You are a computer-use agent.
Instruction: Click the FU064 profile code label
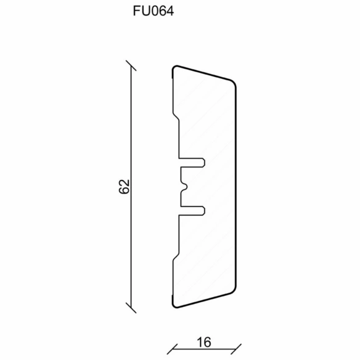pyautogui.click(x=153, y=11)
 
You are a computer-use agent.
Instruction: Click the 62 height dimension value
pyautogui.click(x=125, y=186)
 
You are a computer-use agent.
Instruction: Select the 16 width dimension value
pyautogui.click(x=204, y=343)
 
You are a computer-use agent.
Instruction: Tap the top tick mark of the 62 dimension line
pyautogui.click(x=131, y=66)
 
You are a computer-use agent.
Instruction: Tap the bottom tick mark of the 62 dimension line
pyautogui.click(x=131, y=308)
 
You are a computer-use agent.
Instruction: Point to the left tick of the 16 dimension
pyautogui.click(x=172, y=349)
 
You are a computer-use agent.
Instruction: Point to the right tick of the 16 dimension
pyautogui.click(x=236, y=349)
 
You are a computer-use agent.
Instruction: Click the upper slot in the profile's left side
pyautogui.click(x=192, y=163)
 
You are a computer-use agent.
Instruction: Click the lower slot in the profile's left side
pyautogui.click(x=192, y=211)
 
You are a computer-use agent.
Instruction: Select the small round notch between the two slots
pyautogui.click(x=184, y=187)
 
